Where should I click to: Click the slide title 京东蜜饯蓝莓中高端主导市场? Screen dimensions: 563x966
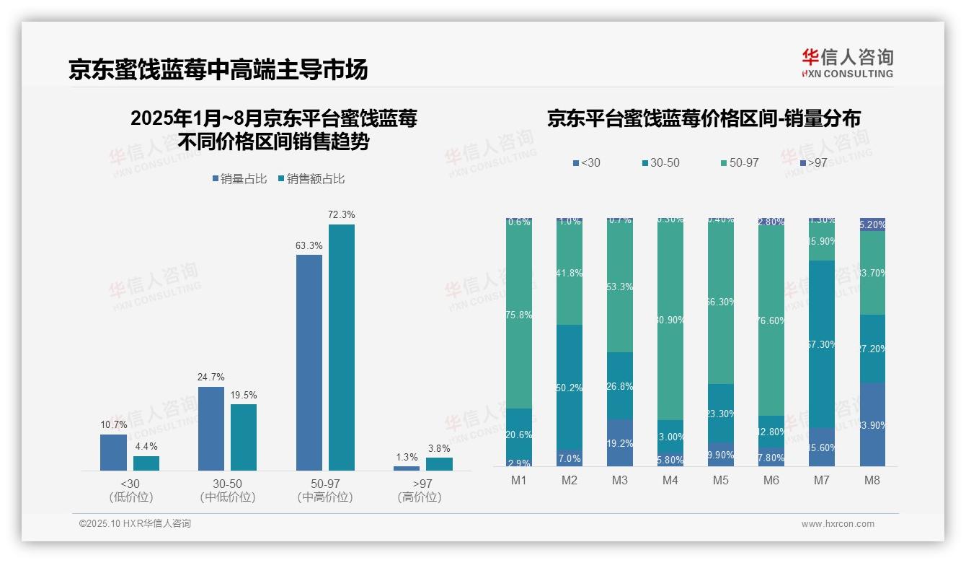[218, 69]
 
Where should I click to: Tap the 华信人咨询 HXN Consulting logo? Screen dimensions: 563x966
[847, 63]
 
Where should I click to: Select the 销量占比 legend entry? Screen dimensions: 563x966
[243, 179]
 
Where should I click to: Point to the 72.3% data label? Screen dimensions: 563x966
[341, 214]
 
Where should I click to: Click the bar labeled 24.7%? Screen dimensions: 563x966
[211, 429]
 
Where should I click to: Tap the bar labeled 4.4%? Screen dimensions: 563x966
[146, 463]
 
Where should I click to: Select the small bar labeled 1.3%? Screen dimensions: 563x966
[407, 468]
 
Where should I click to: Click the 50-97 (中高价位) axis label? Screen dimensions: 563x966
[324, 490]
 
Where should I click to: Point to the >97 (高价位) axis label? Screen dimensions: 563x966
[419, 490]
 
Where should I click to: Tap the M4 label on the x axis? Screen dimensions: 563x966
[670, 481]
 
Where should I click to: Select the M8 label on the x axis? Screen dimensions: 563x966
[872, 481]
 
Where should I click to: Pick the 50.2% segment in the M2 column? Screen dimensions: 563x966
[570, 388]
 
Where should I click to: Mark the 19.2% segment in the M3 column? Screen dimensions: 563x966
[620, 443]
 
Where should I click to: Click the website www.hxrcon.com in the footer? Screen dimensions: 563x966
[838, 524]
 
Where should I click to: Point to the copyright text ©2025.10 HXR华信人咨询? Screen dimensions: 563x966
[135, 524]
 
